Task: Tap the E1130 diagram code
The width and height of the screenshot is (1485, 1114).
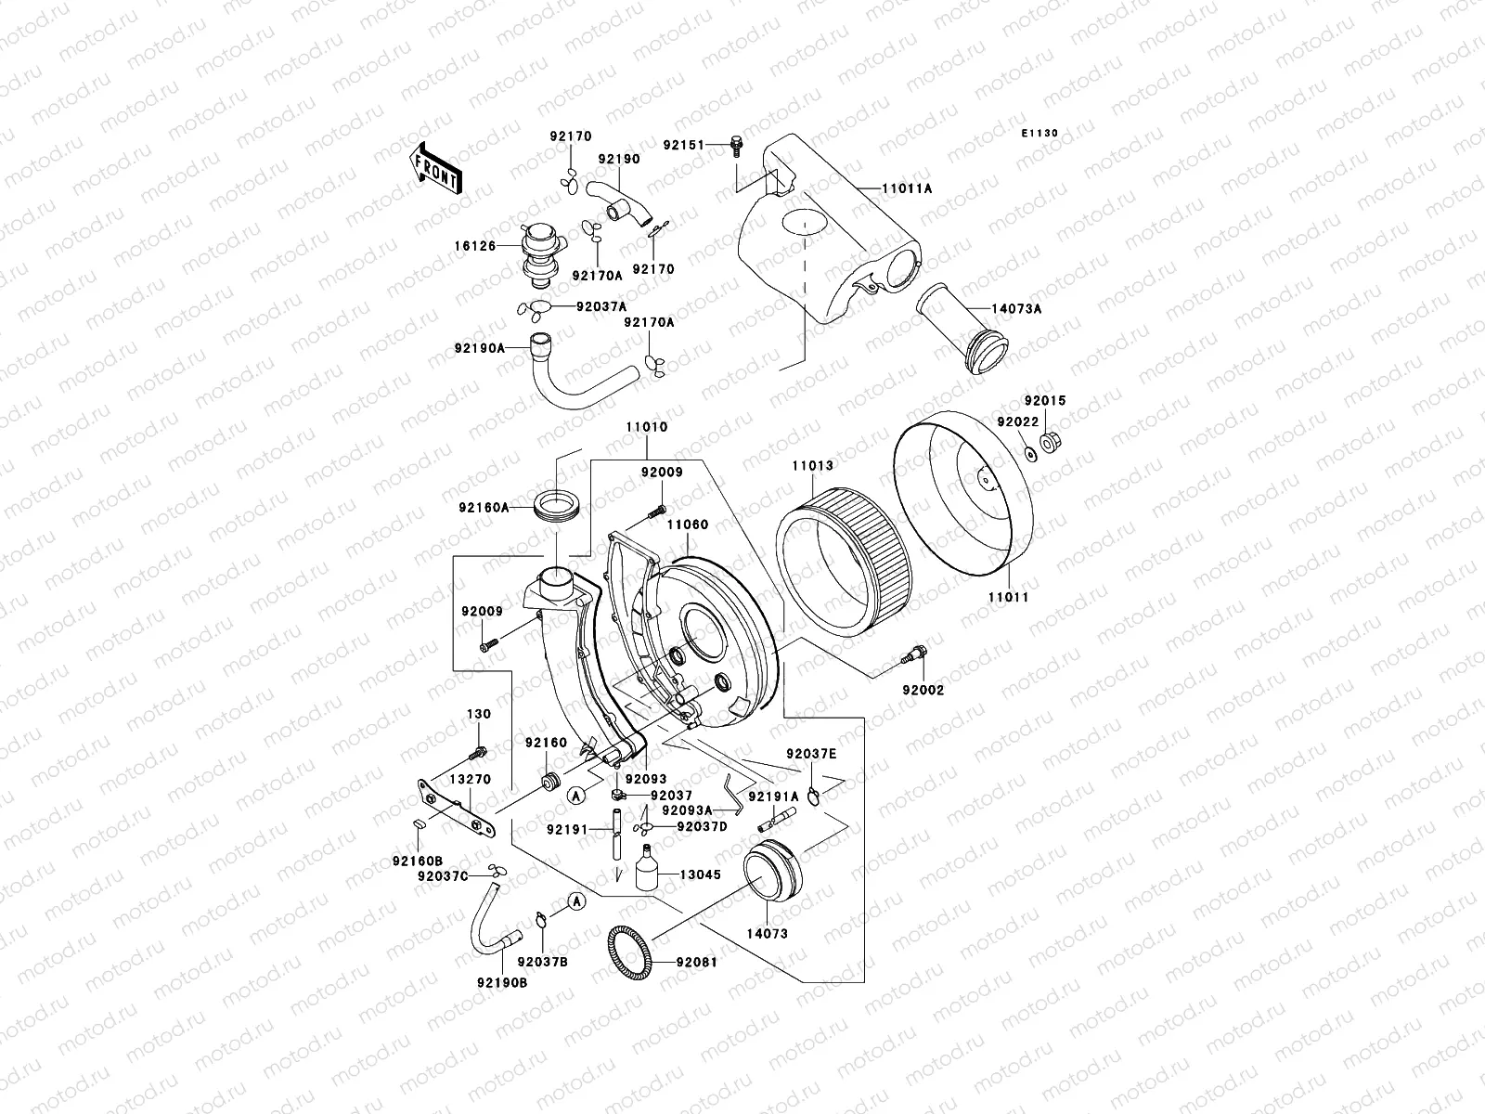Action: [1040, 134]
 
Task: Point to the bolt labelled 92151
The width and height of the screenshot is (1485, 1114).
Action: [738, 145]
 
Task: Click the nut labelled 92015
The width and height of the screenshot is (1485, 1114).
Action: [1051, 442]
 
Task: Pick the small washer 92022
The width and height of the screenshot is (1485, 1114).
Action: [1030, 452]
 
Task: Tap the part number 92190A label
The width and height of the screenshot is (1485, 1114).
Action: [480, 348]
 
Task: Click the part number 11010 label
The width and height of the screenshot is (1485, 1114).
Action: [646, 427]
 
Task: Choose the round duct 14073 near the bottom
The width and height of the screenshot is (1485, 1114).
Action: [771, 868]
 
